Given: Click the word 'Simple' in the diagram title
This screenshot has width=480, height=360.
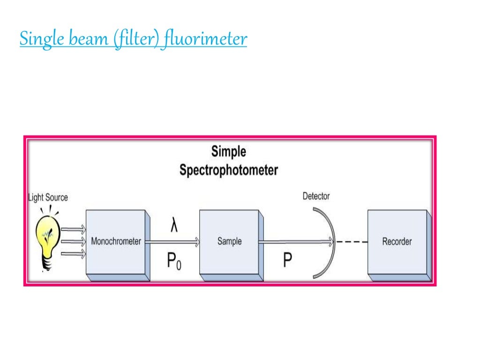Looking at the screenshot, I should point(228,152).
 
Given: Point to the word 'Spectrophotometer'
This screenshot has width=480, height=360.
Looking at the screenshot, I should point(228,170).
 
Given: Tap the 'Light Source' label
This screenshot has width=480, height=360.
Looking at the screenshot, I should point(48,197).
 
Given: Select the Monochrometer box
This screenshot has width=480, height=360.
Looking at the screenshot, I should point(116,242).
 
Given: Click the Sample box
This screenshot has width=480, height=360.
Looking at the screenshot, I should point(229,242).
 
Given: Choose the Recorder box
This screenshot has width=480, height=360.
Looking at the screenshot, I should point(397,242).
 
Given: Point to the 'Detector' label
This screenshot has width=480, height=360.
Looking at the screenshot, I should point(316,196).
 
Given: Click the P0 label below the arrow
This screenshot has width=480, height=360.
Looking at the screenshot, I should point(174,261).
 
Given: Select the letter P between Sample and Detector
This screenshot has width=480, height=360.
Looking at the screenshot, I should point(287,261).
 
